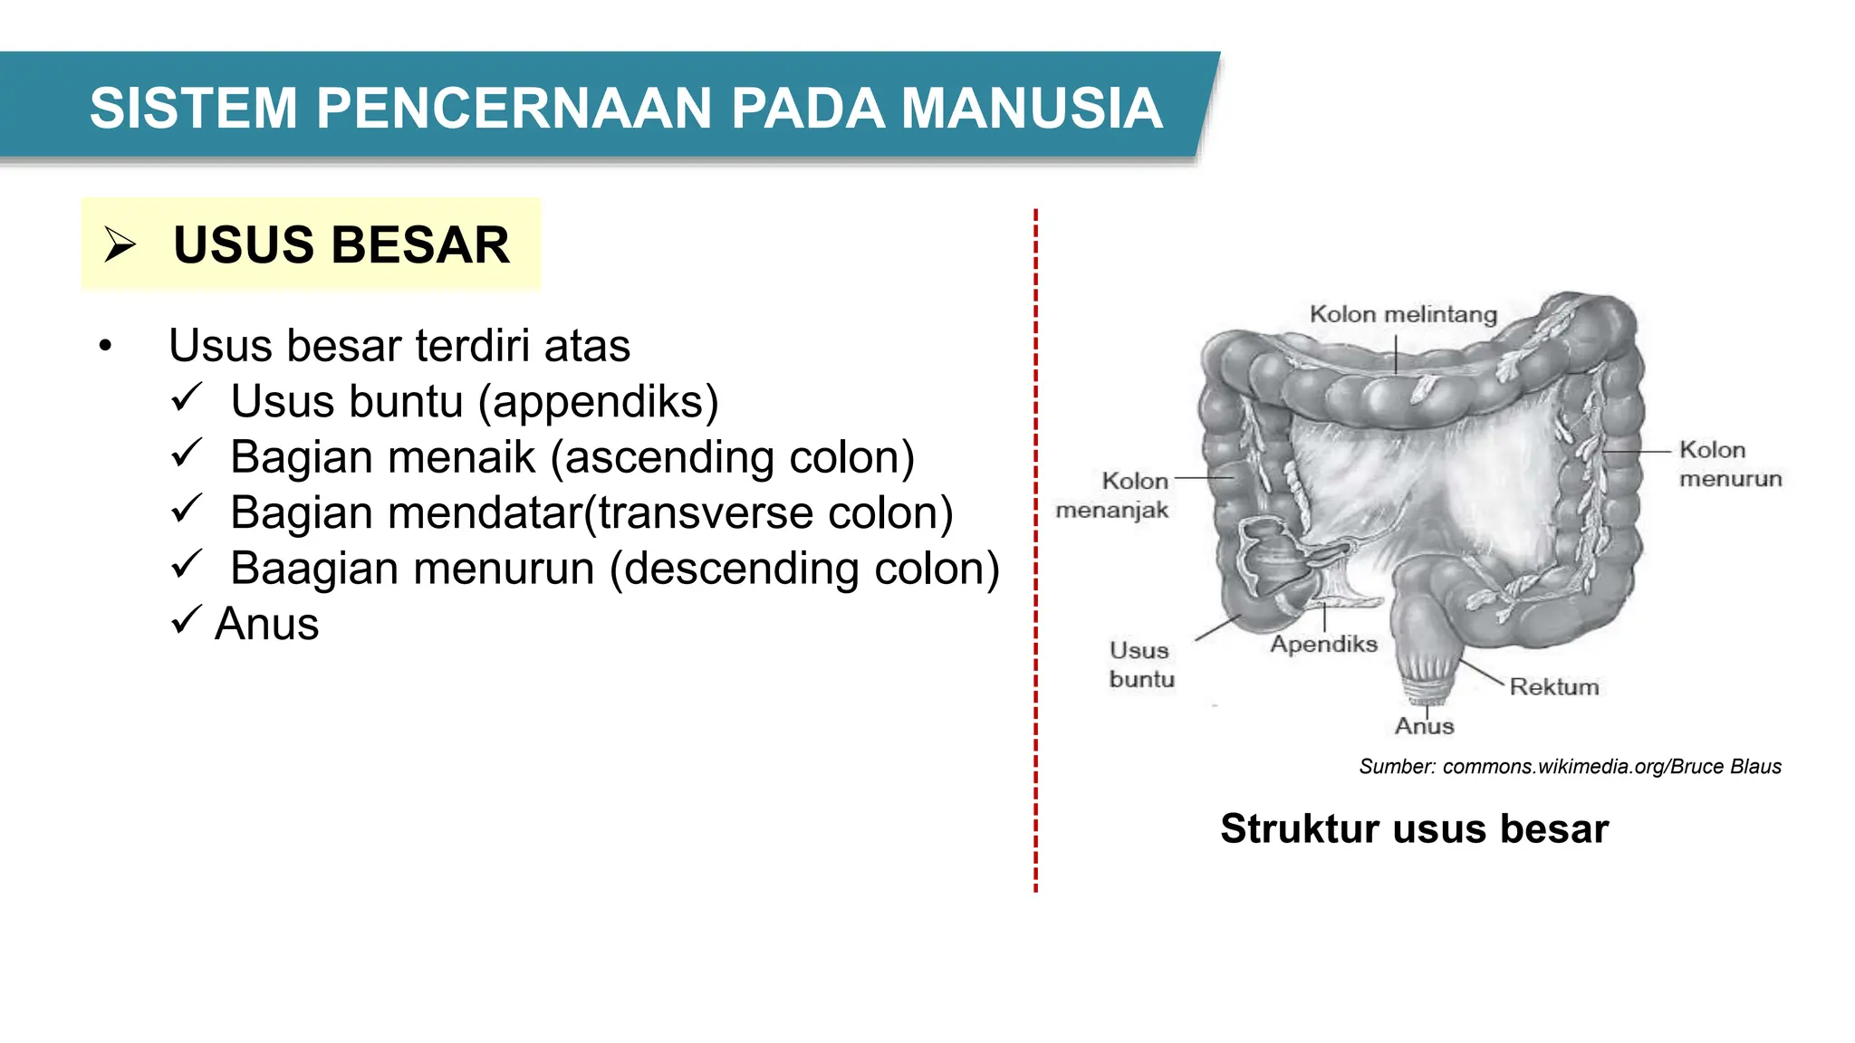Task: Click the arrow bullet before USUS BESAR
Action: coord(120,244)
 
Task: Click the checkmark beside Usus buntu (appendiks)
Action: coord(186,397)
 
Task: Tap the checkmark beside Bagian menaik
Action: coord(186,453)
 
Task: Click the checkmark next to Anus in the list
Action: coord(186,620)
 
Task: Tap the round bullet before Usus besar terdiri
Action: coord(106,347)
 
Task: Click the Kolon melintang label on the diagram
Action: coord(1403,314)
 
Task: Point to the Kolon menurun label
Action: coord(1728,464)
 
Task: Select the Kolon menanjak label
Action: coord(1114,495)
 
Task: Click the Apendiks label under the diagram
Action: coord(1323,644)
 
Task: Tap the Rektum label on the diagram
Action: coord(1553,687)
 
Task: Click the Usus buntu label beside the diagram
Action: coord(1140,665)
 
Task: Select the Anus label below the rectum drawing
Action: coord(1424,726)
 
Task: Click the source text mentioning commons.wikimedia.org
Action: coord(1570,767)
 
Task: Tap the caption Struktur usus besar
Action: coord(1414,828)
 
